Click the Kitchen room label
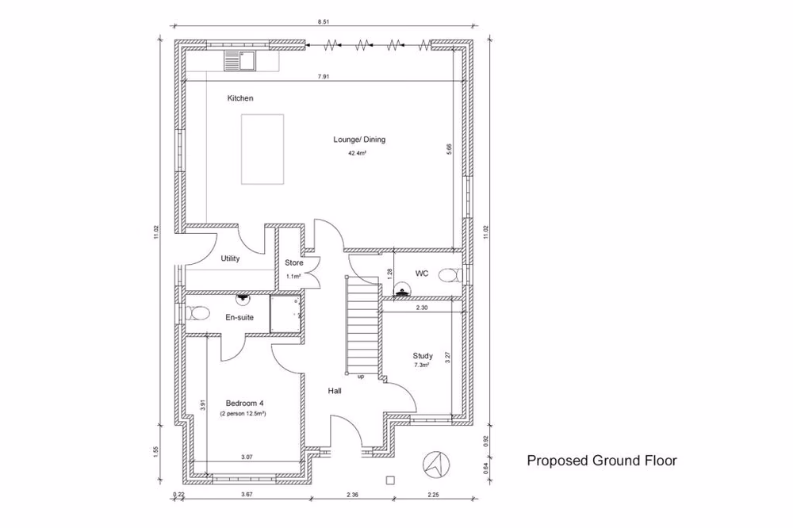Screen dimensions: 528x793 pos(240,98)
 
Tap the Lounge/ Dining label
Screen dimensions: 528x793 pos(359,140)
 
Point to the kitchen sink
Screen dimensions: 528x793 pos(239,59)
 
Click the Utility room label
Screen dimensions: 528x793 pos(230,258)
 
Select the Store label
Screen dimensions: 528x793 pos(294,263)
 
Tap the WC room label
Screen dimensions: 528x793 pos(422,274)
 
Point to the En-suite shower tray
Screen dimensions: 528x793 pos(285,315)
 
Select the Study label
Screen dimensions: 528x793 pos(423,356)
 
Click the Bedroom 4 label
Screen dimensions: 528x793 pos(244,403)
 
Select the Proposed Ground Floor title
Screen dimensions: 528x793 pos(602,461)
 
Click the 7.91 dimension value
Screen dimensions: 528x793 pos(324,77)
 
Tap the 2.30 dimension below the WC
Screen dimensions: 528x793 pos(422,307)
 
